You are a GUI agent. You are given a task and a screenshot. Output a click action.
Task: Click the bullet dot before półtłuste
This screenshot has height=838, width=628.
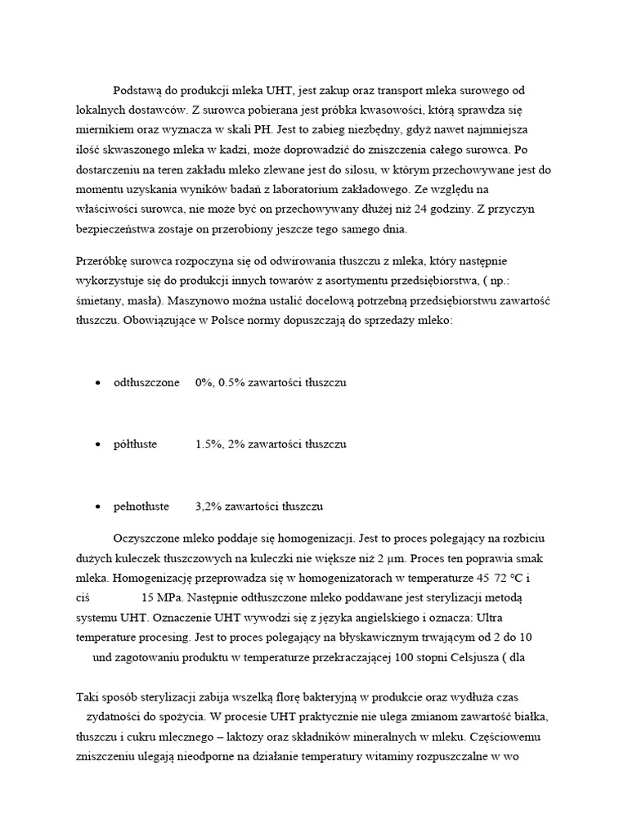98,444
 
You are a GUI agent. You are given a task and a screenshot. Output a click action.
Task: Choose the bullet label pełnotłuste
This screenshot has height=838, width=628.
141,506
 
